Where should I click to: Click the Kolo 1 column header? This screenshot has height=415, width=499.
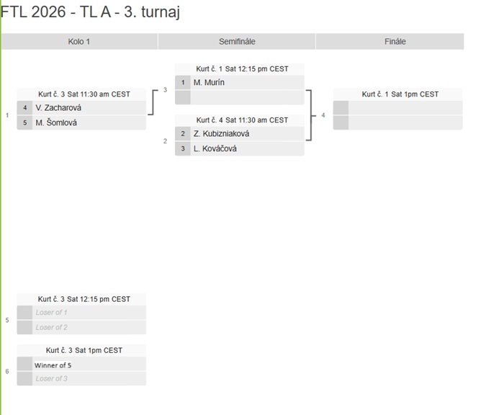click(79, 41)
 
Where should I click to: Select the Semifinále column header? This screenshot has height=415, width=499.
click(237, 41)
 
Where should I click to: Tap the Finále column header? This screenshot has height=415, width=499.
click(395, 41)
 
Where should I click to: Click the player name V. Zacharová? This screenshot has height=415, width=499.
click(58, 107)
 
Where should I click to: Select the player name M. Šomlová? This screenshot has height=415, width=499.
click(56, 122)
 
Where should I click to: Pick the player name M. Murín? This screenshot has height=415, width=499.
click(209, 82)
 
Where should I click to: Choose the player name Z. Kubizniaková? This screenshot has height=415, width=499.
click(221, 134)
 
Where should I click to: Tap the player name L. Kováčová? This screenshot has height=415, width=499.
click(215, 148)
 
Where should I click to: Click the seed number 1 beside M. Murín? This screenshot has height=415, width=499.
click(183, 82)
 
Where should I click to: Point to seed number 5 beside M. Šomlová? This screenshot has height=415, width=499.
click(24, 122)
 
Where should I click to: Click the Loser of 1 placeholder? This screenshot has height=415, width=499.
click(51, 313)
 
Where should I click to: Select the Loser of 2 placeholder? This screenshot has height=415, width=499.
click(51, 327)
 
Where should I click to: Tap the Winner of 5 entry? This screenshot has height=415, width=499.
click(53, 365)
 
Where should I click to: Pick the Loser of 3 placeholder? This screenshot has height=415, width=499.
click(51, 379)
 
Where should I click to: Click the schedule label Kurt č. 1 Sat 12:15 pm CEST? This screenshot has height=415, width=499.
click(242, 68)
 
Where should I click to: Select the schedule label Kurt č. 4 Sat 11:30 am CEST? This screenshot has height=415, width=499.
click(242, 120)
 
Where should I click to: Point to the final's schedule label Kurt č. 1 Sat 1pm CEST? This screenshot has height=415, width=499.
click(400, 94)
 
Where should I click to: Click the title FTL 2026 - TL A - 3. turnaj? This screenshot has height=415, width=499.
click(91, 12)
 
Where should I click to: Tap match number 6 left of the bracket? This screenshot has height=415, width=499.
click(7, 371)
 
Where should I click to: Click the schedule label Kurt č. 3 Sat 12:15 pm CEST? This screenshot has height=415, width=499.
click(84, 299)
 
